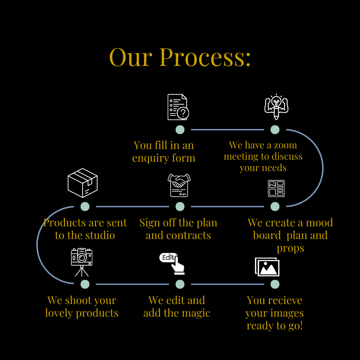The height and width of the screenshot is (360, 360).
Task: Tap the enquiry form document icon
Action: click(178, 107)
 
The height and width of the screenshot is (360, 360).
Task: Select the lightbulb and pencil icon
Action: click(276, 107)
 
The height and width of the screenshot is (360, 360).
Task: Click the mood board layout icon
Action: click(276, 188)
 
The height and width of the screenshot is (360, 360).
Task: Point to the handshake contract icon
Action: click(179, 185)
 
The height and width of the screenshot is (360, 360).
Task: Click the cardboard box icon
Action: click(83, 183)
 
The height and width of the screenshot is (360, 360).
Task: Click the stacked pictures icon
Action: click(267, 267)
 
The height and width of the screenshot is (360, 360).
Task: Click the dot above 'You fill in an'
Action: click(180, 130)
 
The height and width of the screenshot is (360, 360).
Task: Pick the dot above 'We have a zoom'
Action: click(275, 130)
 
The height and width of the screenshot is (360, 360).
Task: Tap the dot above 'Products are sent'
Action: click(85, 207)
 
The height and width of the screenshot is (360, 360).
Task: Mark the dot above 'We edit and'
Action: click(180, 284)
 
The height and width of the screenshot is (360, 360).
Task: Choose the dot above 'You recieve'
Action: click(275, 284)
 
